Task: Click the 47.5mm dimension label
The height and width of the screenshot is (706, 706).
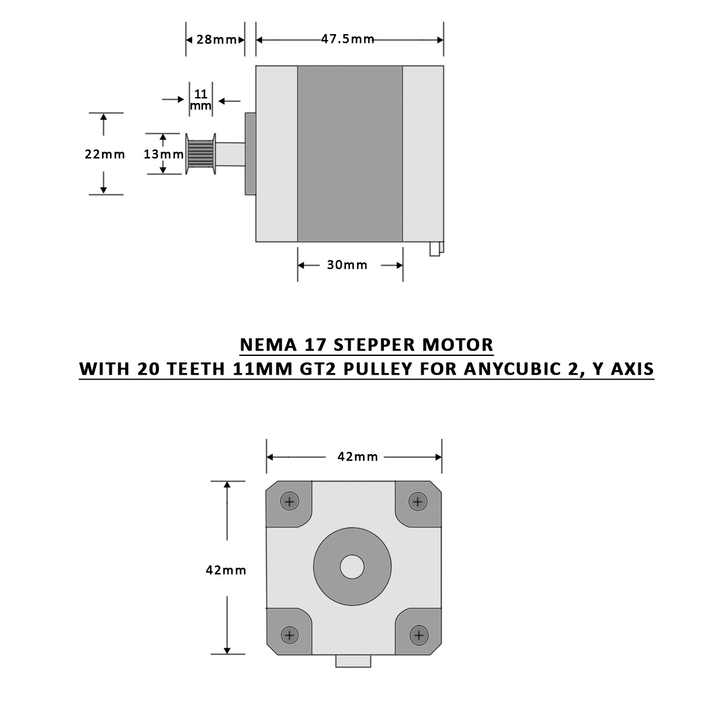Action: (348, 39)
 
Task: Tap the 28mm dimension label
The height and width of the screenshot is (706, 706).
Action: (216, 39)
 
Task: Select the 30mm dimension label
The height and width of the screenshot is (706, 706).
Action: (347, 265)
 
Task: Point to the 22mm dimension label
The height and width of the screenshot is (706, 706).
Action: (105, 154)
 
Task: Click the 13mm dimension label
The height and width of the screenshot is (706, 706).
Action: (164, 154)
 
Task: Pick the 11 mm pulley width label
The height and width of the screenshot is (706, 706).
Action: (201, 99)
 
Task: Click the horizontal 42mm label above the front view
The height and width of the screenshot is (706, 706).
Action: (358, 457)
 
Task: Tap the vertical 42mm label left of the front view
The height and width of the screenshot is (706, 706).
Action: (226, 570)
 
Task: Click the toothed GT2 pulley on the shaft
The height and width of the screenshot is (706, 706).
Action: (201, 154)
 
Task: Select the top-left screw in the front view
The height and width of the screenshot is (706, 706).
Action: (289, 502)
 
